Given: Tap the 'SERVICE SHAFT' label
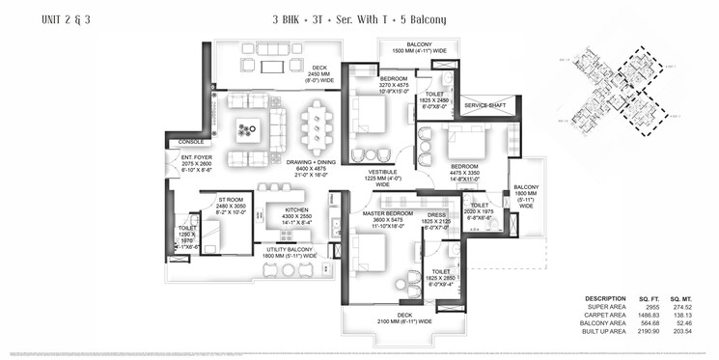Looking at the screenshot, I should point(484,105).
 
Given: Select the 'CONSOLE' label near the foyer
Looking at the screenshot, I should point(191,143).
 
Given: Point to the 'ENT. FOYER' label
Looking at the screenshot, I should point(196,158).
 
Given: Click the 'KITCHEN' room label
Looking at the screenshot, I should point(295,209).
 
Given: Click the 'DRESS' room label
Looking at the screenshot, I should point(436,215).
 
